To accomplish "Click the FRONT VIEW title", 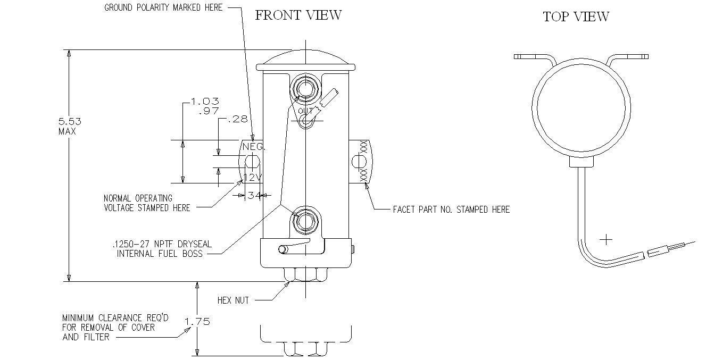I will [298, 15].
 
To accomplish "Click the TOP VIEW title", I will [576, 17].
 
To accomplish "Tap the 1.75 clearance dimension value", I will [197, 321].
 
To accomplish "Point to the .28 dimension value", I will [237, 120].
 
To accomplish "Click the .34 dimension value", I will [253, 196].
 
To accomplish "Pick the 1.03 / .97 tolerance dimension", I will [205, 106].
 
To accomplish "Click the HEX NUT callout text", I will [233, 300].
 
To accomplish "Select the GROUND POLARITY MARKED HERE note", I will [163, 7].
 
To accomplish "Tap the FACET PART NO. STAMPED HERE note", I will [451, 210].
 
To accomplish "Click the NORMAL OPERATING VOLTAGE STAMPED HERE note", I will [147, 203].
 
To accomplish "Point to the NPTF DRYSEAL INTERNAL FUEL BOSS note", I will [162, 249].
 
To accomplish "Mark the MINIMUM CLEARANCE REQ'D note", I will [115, 327].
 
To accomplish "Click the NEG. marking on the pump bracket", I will [253, 146].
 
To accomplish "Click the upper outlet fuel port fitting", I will [305, 88].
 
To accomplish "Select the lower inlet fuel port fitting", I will [305, 220].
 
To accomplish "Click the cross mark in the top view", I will [606, 239].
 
